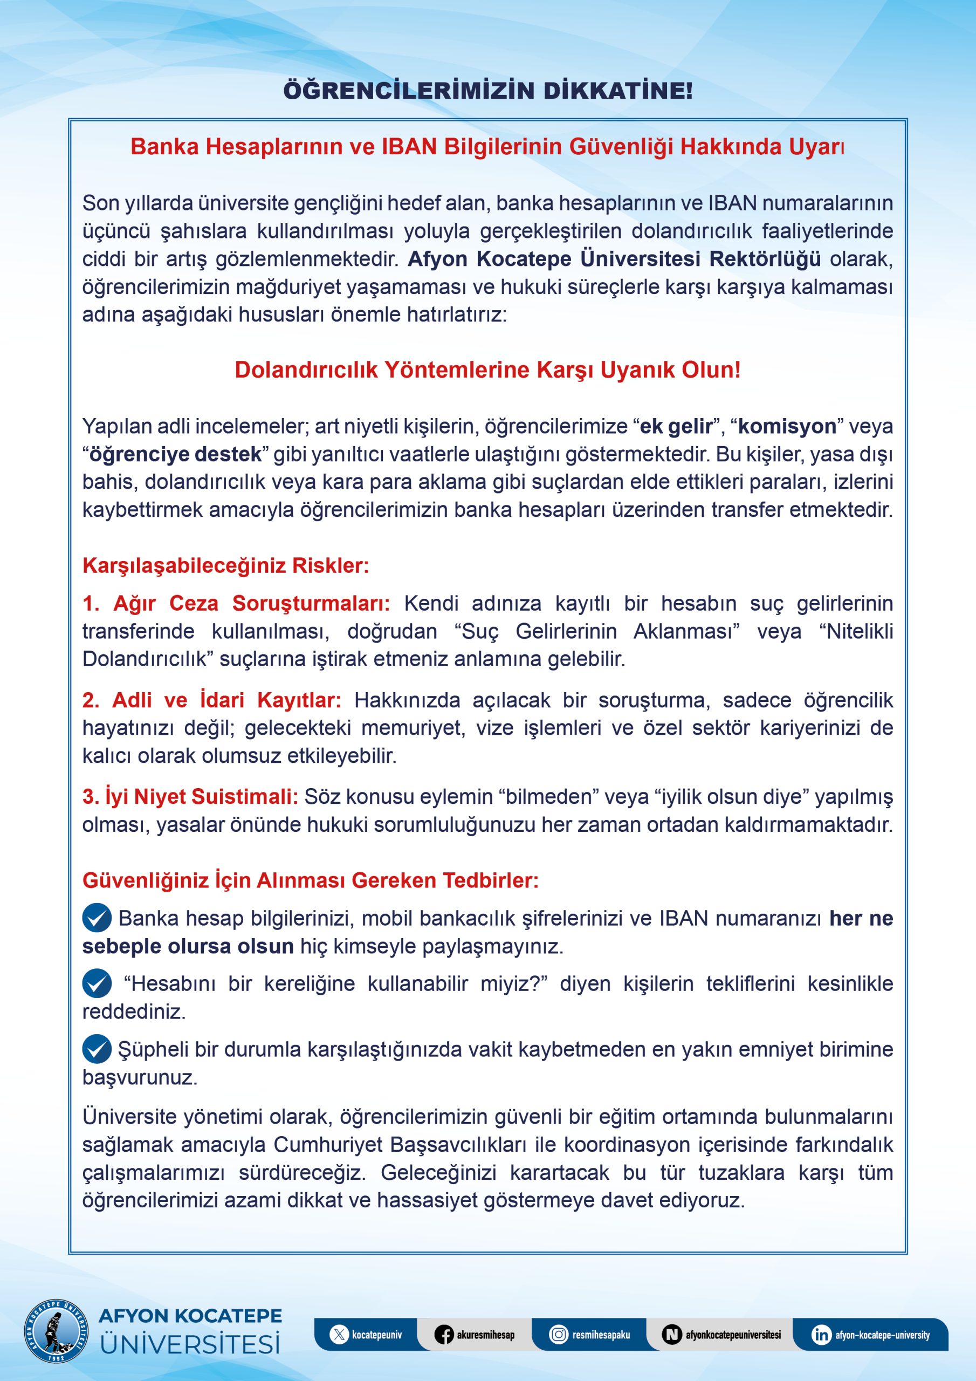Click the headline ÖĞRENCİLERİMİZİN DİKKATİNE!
coord(487,91)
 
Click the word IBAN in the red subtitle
coord(409,147)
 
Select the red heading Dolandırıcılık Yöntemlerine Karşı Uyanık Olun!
coord(487,370)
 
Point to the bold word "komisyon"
coord(787,426)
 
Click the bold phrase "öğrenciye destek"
coord(176,454)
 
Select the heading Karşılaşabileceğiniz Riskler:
coord(225,565)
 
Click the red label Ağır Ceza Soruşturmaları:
coord(236,603)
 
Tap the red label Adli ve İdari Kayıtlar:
coord(212,700)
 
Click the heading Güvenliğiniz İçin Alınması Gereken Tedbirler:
coord(310,880)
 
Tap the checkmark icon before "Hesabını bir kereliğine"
coord(97,983)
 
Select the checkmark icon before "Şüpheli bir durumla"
coord(97,1049)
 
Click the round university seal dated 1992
coord(57,1330)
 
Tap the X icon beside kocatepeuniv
coord(339,1335)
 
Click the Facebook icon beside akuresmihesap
coord(444,1335)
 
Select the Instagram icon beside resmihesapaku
coord(559,1335)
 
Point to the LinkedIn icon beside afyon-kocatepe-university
coord(821,1335)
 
